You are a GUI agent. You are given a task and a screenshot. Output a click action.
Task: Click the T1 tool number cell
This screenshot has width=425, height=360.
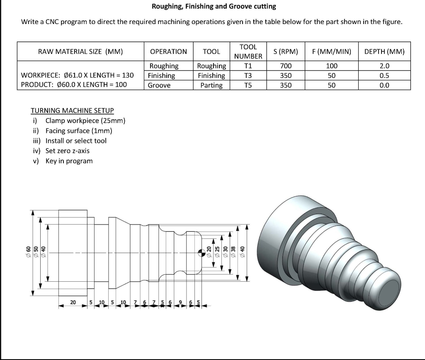point(248,66)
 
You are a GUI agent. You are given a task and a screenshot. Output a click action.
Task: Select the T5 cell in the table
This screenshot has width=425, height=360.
point(248,85)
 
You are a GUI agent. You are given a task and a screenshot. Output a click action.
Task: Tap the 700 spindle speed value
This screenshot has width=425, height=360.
point(286,66)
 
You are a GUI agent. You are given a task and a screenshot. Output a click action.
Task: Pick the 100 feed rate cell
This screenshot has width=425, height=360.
point(332,66)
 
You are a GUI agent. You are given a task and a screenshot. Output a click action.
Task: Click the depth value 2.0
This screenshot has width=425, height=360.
point(384,66)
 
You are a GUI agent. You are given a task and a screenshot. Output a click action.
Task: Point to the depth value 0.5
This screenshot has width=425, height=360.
point(384,75)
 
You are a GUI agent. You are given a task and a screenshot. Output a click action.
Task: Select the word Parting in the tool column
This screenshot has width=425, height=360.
point(211,85)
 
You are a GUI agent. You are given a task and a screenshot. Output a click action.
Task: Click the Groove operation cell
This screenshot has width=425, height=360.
point(159,85)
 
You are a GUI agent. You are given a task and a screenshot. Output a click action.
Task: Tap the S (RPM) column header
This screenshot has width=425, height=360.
point(286,51)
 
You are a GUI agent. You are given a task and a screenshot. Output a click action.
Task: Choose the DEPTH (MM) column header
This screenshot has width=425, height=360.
point(384,51)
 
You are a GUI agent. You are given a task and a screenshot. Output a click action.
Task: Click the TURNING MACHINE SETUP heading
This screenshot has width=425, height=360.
point(72,111)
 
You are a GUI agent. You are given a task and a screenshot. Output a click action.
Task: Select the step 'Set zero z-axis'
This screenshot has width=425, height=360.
point(67,151)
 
